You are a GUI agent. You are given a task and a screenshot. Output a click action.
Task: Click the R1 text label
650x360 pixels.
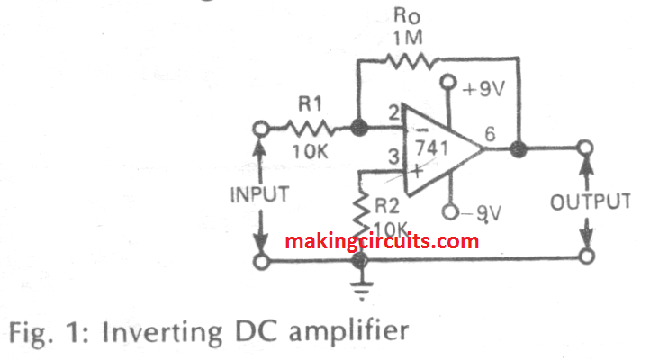click(311, 106)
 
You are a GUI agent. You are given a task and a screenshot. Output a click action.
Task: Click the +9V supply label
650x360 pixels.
click(483, 90)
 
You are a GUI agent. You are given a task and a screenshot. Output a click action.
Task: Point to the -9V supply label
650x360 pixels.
click(483, 213)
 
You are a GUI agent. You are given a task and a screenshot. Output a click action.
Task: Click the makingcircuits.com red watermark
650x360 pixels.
click(382, 241)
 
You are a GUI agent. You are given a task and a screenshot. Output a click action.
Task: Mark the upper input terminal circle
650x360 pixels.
click(260, 130)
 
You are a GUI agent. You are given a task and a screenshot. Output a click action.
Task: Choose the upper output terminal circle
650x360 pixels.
click(586, 148)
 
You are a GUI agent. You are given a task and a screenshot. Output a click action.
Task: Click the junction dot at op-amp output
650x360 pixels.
click(519, 148)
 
